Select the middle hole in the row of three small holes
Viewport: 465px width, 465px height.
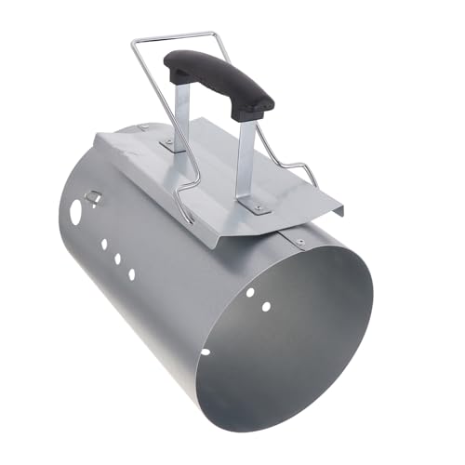pos(118,259)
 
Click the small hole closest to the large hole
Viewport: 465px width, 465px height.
pos(104,244)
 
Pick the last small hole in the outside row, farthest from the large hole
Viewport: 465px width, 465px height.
pos(131,274)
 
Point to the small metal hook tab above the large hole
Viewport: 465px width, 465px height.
pos(94,195)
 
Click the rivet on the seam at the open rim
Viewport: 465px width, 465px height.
pos(299,243)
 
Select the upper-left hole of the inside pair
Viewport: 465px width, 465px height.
pos(264,305)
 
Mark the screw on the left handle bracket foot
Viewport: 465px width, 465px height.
pos(169,143)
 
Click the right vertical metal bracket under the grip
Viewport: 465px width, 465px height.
pos(247,163)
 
